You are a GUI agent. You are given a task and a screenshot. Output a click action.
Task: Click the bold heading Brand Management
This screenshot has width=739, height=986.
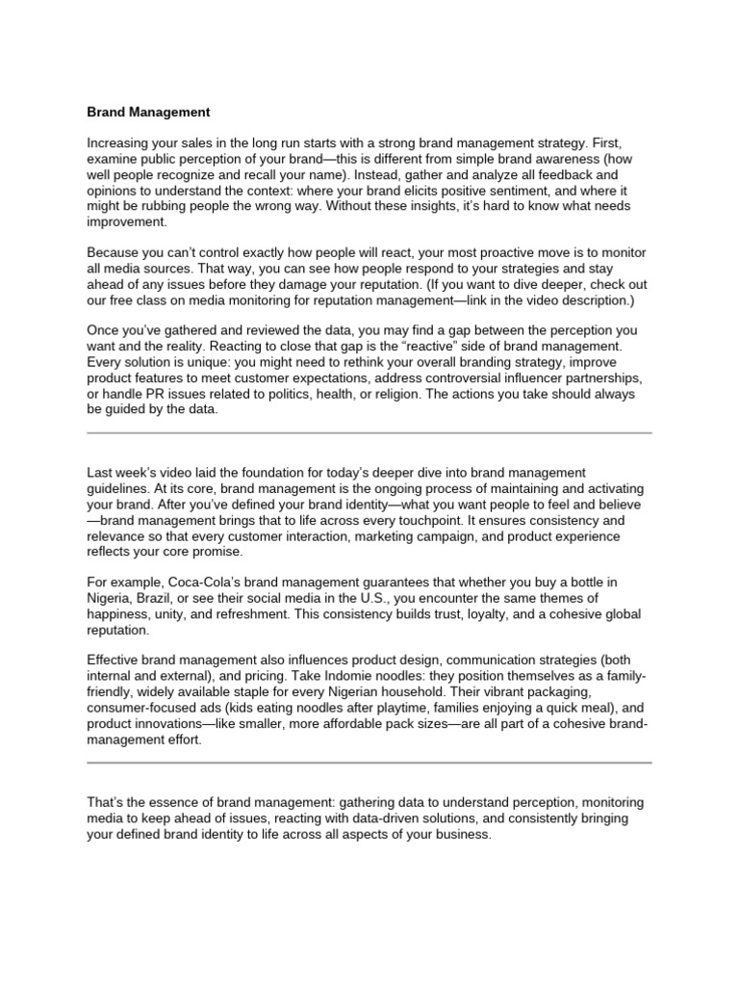pyautogui.click(x=148, y=113)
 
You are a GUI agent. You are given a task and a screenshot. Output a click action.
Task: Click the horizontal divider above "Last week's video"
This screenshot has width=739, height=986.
pyautogui.click(x=369, y=433)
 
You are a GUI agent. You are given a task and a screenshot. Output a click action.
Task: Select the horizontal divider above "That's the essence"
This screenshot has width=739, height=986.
pyautogui.click(x=369, y=764)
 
